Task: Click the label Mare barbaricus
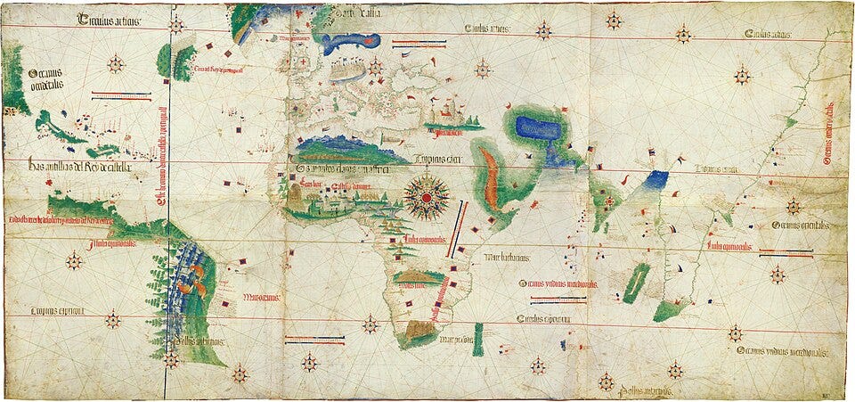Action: (507, 258)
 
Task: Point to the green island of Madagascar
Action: (636, 282)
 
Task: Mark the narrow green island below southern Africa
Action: (477, 340)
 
